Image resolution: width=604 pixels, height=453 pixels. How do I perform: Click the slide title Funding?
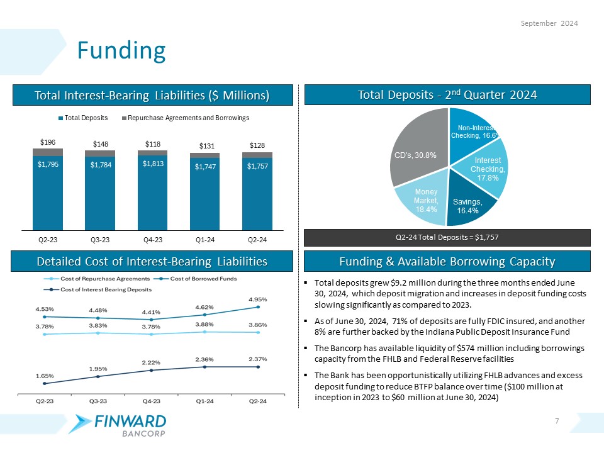121,50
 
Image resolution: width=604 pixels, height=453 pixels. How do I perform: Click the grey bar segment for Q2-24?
257,155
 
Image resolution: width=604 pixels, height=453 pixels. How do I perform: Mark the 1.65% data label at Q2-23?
44,375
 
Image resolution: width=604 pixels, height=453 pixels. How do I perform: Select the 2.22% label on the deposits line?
152,362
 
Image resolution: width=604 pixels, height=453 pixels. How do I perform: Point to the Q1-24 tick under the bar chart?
204,240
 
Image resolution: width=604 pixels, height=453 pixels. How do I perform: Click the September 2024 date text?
551,23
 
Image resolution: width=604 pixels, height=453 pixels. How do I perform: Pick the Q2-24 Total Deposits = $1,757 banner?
447,237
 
